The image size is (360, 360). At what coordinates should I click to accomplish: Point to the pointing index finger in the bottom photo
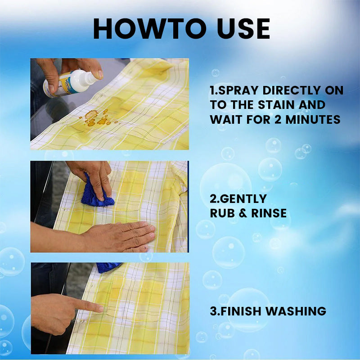click(90, 306)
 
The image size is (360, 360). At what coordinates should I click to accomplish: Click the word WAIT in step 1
click(225, 120)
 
